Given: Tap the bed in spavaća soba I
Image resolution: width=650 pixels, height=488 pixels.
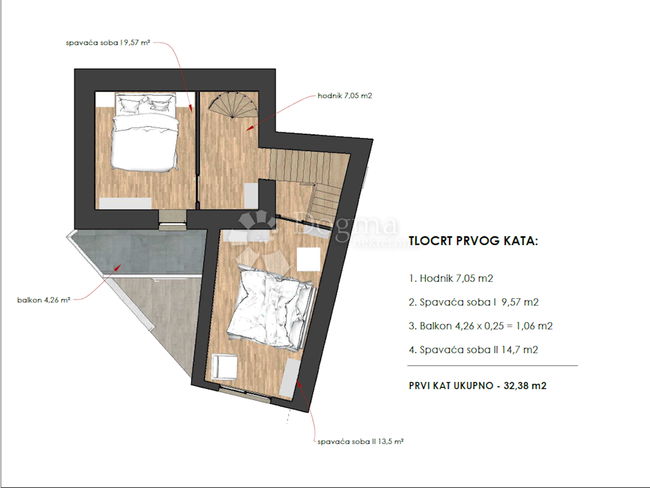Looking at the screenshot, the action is click(x=145, y=132).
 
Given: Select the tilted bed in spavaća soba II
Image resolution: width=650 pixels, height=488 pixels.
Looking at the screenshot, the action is click(x=270, y=308).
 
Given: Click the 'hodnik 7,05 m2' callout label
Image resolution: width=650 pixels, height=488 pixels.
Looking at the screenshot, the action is click(x=344, y=96).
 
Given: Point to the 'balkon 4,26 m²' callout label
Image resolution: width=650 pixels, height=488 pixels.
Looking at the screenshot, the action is click(x=44, y=300).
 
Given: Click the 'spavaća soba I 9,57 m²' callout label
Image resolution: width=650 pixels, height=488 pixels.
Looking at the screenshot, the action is click(x=108, y=43).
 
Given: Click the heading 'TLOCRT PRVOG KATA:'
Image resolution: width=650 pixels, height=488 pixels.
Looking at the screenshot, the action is click(x=473, y=240).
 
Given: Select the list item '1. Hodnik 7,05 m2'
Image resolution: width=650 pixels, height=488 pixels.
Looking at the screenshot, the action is click(x=451, y=278).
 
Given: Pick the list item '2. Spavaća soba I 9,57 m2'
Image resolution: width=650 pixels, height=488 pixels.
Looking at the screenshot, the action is click(x=474, y=302).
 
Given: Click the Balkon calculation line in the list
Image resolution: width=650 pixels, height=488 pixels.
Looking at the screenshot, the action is click(x=481, y=326).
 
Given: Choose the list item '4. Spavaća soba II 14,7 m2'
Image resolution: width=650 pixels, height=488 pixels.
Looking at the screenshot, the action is click(x=473, y=350).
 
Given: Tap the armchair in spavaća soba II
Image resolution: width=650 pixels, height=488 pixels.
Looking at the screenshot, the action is click(x=225, y=367).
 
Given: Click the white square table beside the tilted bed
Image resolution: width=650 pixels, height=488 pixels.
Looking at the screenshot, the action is click(x=309, y=259).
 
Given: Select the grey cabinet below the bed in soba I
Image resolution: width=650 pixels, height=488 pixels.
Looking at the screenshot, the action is click(x=125, y=204).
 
